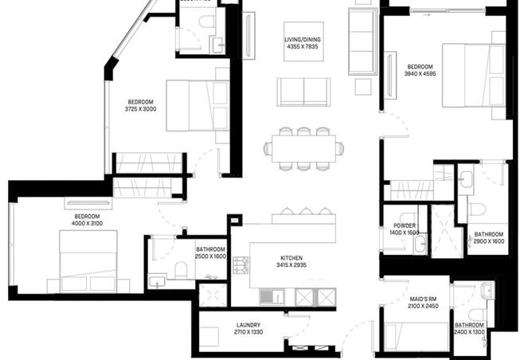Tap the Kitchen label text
[291, 258]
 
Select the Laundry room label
[249, 325]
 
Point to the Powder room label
[405, 225]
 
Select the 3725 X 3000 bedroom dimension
[141, 109]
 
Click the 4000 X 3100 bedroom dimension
[87, 224]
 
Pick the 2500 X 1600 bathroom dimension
[211, 257]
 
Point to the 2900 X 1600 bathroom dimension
[489, 241]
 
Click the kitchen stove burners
[241, 266]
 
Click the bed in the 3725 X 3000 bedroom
[198, 105]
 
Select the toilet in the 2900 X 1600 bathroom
[477, 209]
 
